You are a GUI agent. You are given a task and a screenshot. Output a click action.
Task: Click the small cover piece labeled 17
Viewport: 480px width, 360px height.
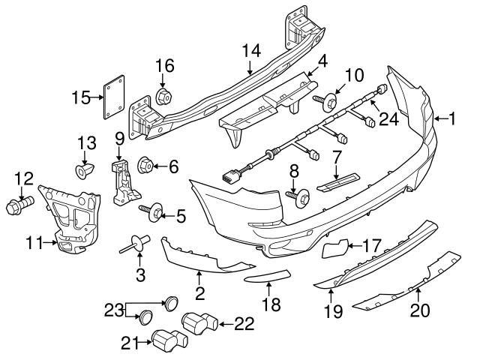[336, 248]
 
